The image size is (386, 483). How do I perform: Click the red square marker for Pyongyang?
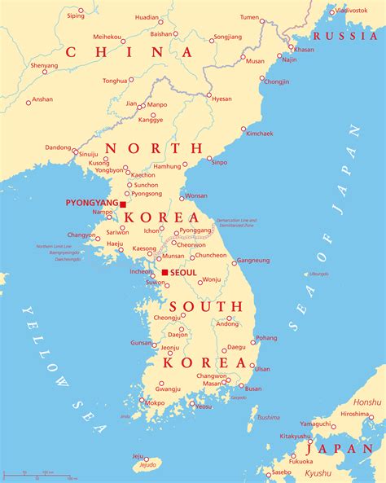[x=123, y=204]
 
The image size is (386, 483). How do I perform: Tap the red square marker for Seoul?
[x=164, y=272]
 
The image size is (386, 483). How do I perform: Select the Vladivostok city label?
[x=352, y=10]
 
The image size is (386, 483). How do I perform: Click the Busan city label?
[x=253, y=389]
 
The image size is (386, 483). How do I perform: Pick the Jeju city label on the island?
[x=138, y=456]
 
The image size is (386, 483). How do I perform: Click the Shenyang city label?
[x=44, y=65]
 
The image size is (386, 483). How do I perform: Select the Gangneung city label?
[x=252, y=261]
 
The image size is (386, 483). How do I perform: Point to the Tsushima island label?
[x=268, y=417]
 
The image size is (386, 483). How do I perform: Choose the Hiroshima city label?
[x=355, y=414]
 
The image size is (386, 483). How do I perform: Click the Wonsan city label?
[x=196, y=195]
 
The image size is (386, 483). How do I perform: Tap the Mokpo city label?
[x=155, y=402]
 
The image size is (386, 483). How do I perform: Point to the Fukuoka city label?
[x=300, y=461]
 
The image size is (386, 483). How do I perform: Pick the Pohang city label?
[x=266, y=337]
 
